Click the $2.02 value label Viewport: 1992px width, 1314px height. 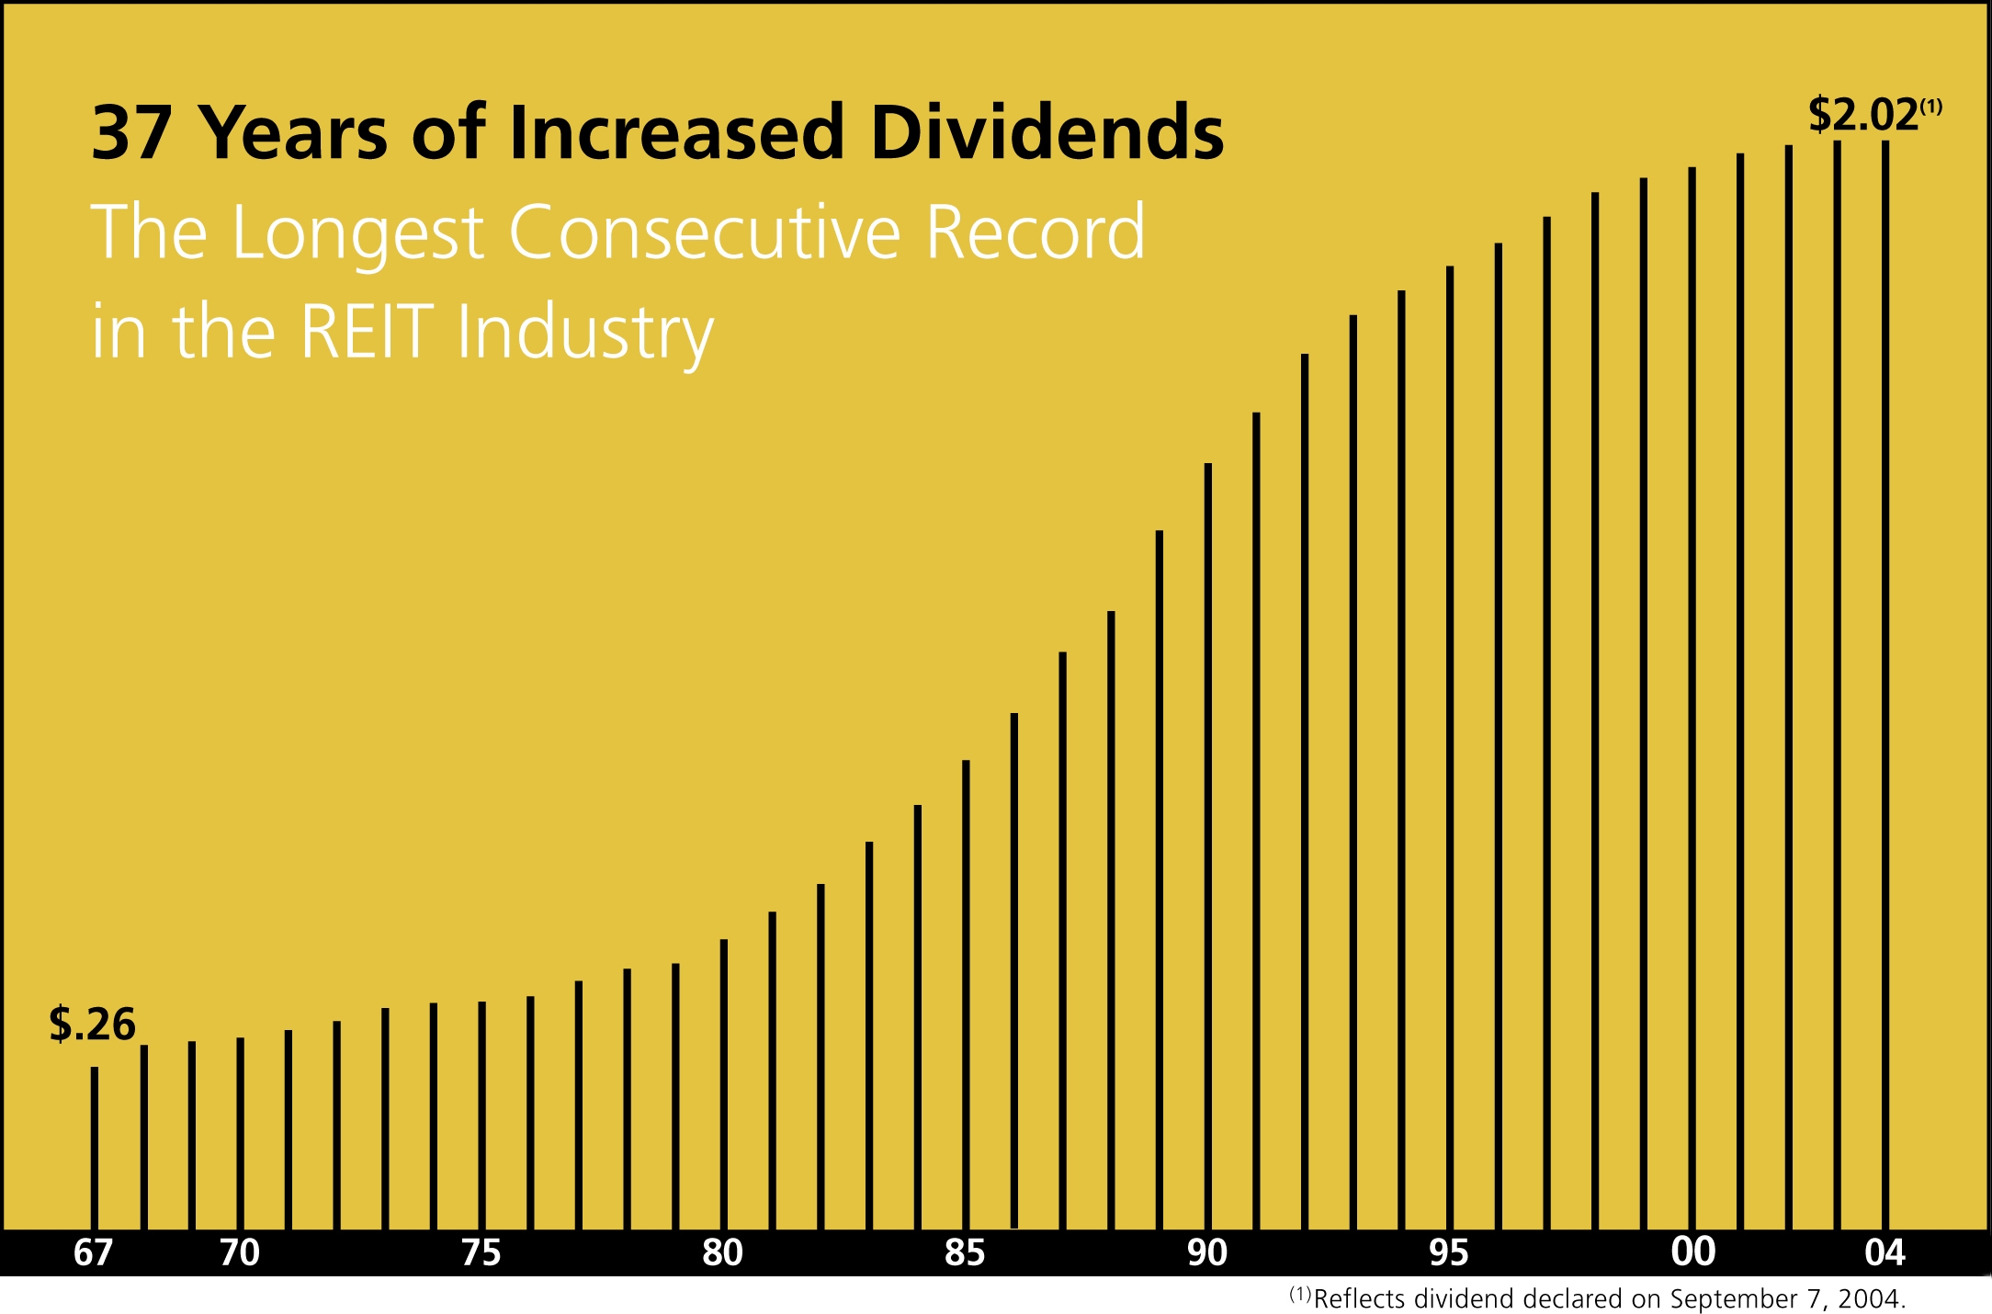(x=1863, y=116)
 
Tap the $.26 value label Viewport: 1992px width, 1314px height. (x=92, y=1024)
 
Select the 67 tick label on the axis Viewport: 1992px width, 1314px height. (x=93, y=1252)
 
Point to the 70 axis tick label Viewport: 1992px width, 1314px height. (x=240, y=1252)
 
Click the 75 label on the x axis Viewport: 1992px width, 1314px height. (x=481, y=1252)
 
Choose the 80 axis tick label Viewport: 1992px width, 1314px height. (x=723, y=1252)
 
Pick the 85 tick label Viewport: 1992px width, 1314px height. (x=965, y=1252)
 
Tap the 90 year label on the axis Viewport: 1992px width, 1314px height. (x=1207, y=1252)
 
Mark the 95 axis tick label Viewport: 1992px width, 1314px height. (x=1449, y=1252)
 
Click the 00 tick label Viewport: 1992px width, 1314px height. (x=1692, y=1252)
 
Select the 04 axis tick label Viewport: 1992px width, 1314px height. (x=1885, y=1252)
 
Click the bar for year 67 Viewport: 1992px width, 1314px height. (x=95, y=1149)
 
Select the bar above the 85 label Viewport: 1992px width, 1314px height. (x=966, y=992)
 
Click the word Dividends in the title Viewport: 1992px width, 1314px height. (x=1047, y=133)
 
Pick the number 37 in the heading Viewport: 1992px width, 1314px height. (x=131, y=133)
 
